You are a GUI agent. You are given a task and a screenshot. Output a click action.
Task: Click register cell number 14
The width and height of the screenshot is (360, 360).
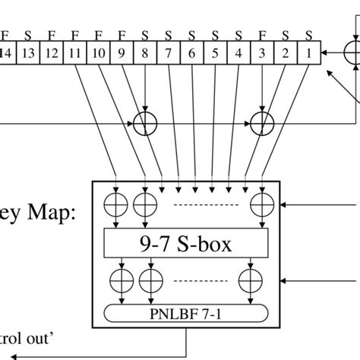[6, 52]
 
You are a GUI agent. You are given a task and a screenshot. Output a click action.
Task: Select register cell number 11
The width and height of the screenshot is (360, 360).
[75, 52]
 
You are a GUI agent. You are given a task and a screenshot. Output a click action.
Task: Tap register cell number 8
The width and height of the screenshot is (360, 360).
[144, 52]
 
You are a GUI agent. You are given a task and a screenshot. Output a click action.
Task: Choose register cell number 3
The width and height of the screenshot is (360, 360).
[262, 52]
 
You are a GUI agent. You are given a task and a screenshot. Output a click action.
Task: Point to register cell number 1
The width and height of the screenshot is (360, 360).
[309, 52]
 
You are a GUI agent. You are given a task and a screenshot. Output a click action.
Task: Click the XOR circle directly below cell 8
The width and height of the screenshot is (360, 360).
[144, 123]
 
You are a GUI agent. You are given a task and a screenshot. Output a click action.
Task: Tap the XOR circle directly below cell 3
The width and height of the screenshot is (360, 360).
[262, 123]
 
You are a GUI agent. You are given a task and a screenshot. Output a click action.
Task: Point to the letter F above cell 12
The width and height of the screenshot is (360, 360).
[52, 34]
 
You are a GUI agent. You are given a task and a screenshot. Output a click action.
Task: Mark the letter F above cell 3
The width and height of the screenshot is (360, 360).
[262, 34]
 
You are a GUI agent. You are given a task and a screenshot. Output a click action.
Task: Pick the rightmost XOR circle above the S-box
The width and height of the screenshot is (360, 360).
[261, 204]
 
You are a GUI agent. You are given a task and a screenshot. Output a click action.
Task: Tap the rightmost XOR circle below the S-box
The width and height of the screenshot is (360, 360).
[249, 279]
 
